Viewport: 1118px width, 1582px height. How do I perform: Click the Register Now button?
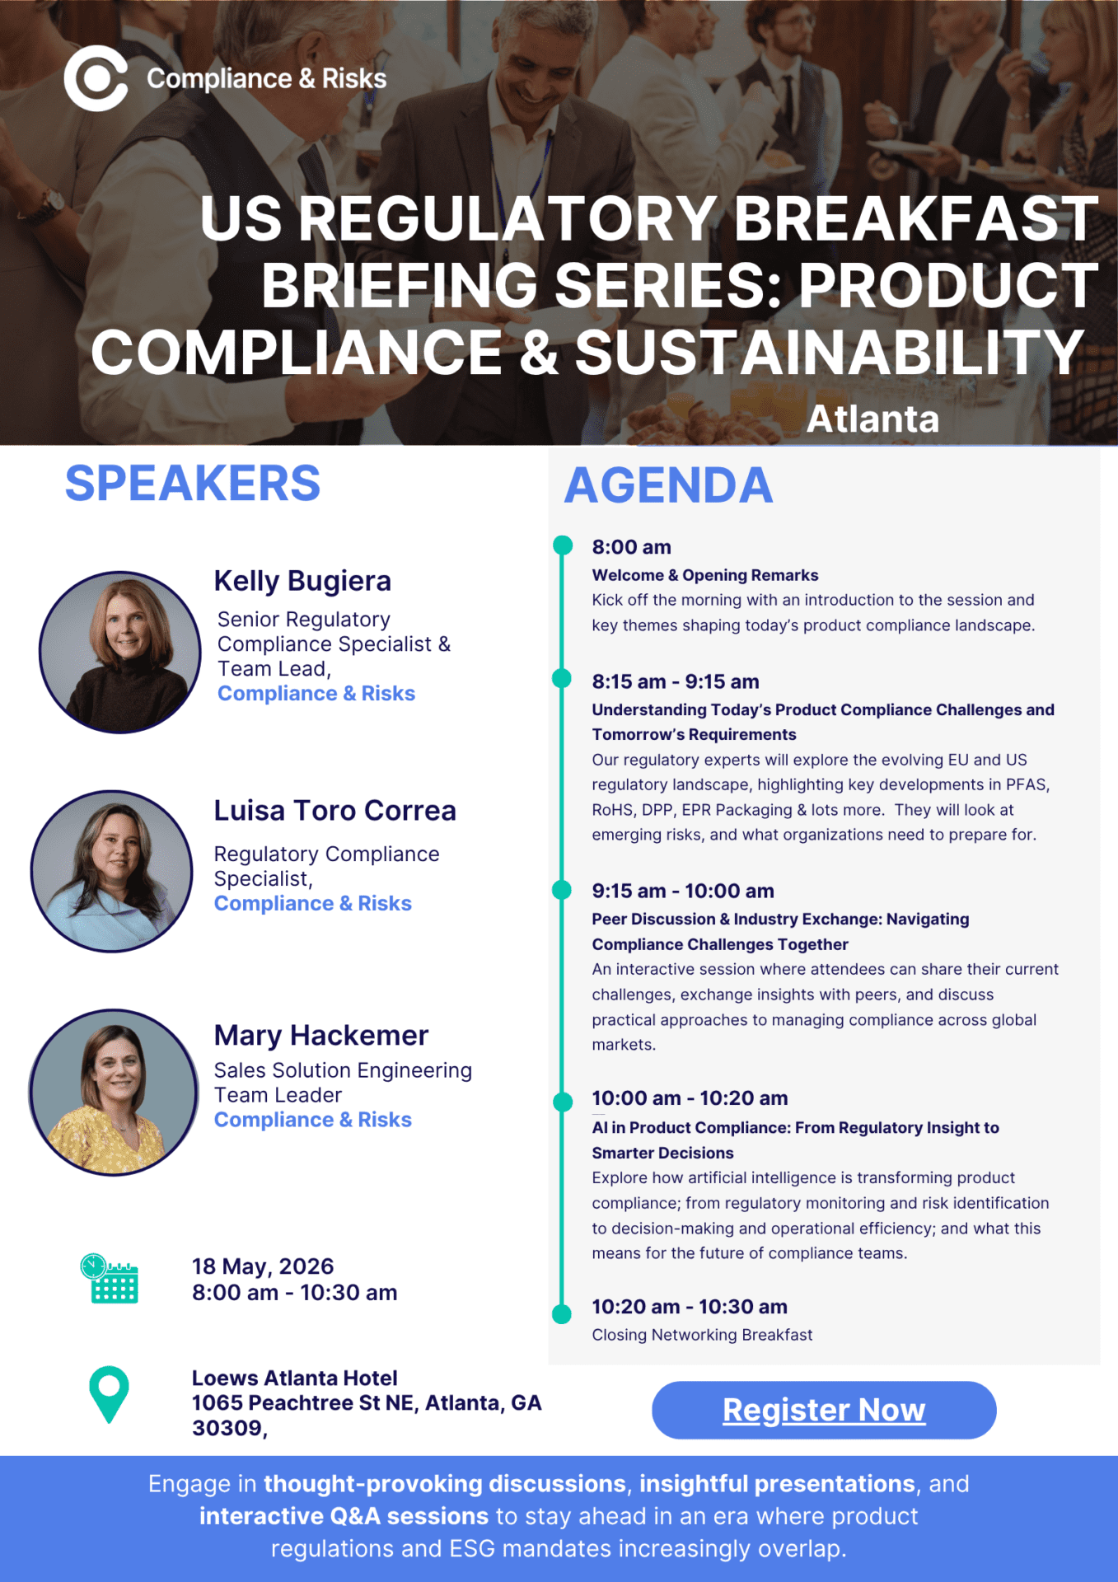point(824,1410)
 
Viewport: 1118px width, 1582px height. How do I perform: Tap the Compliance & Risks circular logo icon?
point(96,78)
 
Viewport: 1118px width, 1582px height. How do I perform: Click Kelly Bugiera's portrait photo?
point(120,653)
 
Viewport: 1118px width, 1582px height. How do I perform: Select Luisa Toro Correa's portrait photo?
point(112,872)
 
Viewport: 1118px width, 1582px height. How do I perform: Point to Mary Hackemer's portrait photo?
point(114,1093)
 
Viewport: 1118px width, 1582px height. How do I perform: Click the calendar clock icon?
point(110,1278)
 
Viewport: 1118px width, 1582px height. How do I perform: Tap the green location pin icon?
point(109,1394)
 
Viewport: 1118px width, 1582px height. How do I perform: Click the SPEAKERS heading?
point(193,483)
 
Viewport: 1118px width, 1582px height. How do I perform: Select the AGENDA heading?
point(668,484)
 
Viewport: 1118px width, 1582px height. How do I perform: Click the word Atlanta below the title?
point(872,419)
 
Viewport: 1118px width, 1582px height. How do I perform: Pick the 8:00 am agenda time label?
point(632,547)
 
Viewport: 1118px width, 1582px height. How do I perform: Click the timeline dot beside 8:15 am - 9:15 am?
point(562,678)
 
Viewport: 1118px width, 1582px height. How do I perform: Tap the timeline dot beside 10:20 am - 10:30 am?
point(562,1313)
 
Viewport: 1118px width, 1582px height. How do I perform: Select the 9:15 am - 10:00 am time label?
point(683,891)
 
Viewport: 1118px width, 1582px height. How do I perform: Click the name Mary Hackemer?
point(321,1035)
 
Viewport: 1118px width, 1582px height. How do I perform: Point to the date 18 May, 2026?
point(263,1266)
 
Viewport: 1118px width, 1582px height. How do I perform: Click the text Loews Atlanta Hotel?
point(295,1378)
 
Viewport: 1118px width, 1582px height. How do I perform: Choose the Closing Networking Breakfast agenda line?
point(702,1335)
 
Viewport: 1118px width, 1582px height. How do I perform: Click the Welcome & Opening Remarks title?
point(705,575)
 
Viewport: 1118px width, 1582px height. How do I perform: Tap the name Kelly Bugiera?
point(302,581)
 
